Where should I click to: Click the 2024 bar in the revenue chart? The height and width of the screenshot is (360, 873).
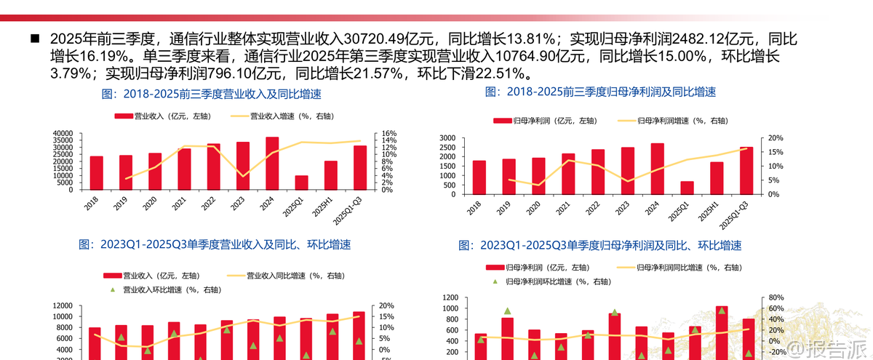coord(272,163)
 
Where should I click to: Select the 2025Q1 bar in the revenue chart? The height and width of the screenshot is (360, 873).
coord(301,183)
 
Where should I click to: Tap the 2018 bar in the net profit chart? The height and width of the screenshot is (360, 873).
coord(479,177)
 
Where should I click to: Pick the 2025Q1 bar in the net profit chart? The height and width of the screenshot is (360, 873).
coord(687,188)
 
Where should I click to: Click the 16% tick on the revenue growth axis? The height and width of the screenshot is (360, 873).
coord(388,134)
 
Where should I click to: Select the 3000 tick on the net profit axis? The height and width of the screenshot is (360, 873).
coord(447,138)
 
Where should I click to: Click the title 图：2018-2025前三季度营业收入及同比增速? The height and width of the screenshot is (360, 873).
coord(211,95)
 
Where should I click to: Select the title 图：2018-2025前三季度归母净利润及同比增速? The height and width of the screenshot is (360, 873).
coord(600,92)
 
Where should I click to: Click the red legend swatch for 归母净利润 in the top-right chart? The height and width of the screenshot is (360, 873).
coord(502,121)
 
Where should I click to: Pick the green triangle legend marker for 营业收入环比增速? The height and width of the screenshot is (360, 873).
coord(113,289)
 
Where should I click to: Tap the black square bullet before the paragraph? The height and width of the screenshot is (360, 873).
coord(33,37)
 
